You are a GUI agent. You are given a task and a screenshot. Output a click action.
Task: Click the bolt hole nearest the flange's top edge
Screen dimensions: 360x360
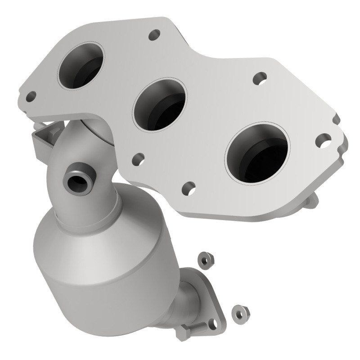point(154,34)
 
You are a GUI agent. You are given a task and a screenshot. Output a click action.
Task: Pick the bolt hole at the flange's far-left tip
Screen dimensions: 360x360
point(31,96)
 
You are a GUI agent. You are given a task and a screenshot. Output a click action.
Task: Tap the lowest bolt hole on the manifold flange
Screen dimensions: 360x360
point(189,188)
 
